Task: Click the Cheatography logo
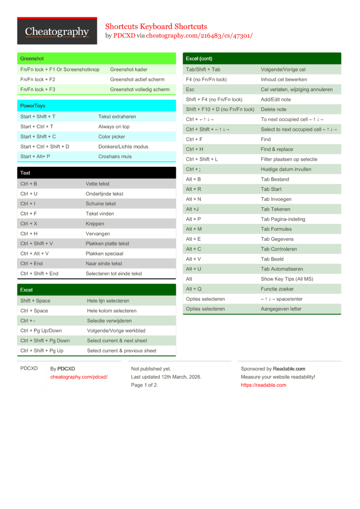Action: (x=57, y=32)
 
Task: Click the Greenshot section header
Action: (x=96, y=59)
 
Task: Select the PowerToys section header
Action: (x=96, y=106)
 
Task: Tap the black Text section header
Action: (x=96, y=173)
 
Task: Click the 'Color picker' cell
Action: (x=111, y=137)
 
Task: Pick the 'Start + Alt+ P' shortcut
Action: (x=35, y=156)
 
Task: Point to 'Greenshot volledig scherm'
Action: (x=140, y=89)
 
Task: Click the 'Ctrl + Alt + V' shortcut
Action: (x=35, y=253)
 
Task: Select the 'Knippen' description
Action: (x=95, y=224)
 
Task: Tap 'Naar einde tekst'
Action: (x=104, y=263)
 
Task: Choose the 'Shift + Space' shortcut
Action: (x=35, y=301)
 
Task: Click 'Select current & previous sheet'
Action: (x=121, y=351)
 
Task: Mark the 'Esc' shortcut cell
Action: (x=190, y=89)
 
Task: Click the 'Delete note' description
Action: (x=274, y=109)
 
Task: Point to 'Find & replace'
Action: (x=277, y=149)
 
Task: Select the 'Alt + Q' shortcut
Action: (x=193, y=289)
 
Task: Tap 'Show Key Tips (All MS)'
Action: (x=287, y=279)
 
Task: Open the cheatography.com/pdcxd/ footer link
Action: (x=79, y=377)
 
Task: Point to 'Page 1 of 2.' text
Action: (x=144, y=385)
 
